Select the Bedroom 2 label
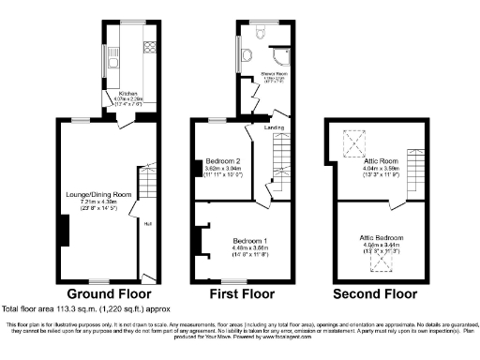(x=221, y=160)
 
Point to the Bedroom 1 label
(x=251, y=240)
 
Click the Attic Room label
(x=379, y=160)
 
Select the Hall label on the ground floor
(x=147, y=223)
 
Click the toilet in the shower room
(x=266, y=31)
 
